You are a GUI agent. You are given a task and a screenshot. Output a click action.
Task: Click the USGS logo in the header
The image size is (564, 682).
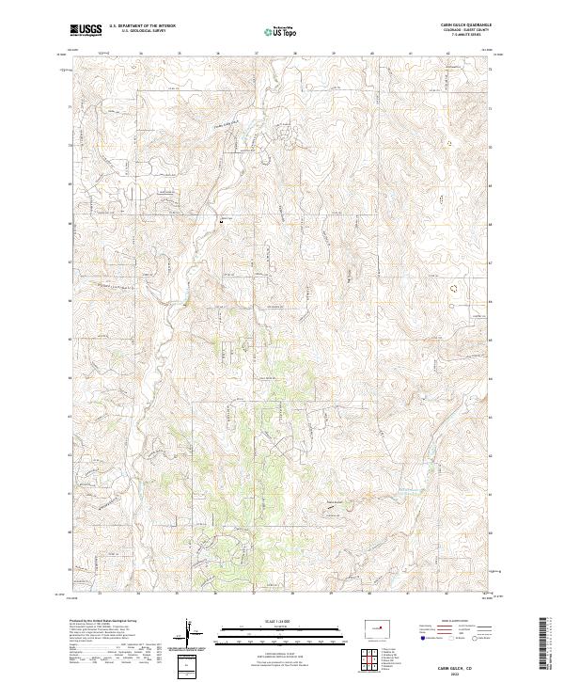click(86, 30)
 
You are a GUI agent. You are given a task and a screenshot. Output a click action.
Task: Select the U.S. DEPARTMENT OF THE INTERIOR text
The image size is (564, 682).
click(142, 27)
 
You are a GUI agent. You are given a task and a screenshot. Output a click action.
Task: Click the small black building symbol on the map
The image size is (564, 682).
click(224, 220)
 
